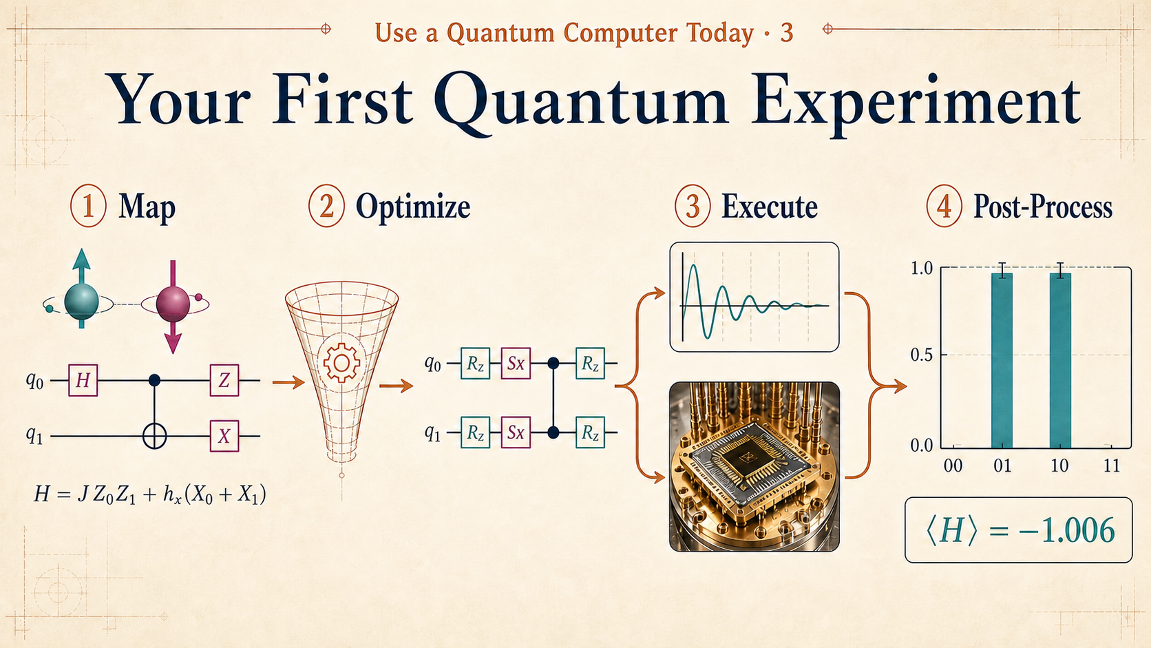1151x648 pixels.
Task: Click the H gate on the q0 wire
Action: [83, 380]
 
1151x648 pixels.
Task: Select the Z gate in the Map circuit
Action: [224, 380]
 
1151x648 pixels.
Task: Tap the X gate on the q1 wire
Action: [224, 436]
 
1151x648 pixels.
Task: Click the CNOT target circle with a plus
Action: [155, 437]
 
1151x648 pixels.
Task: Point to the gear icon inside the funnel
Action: [341, 364]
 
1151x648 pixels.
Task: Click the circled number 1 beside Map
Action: [88, 206]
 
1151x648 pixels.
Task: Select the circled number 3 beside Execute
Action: [693, 206]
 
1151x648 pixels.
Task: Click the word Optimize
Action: [413, 207]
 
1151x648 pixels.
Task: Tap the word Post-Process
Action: [1043, 207]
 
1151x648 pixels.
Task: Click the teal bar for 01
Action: [1002, 360]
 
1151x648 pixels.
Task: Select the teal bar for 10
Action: [1061, 360]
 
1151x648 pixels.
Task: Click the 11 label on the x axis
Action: [1112, 466]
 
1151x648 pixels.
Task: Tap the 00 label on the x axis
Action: [953, 466]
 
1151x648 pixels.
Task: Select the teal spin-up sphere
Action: [82, 302]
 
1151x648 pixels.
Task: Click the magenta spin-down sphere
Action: [173, 304]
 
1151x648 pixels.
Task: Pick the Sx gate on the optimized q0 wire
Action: [516, 364]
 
